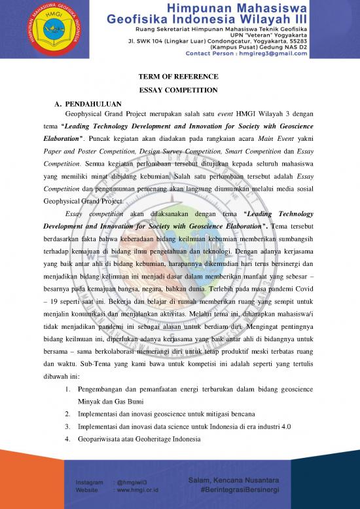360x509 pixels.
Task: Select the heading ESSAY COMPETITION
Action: point(179,90)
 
